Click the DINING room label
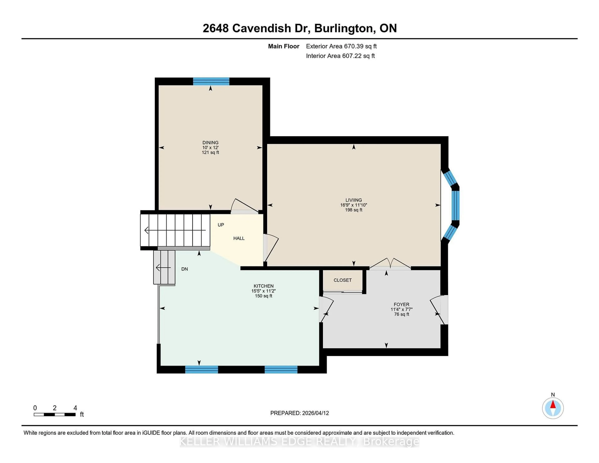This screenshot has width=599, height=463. click(x=210, y=142)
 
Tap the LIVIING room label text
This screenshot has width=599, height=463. click(x=353, y=200)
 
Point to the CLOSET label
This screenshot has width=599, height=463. click(x=343, y=280)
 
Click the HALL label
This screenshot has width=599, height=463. click(x=239, y=238)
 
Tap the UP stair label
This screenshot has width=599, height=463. click(x=221, y=225)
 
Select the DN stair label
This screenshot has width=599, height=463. click(x=185, y=269)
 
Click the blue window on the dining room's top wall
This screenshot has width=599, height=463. click(x=211, y=81)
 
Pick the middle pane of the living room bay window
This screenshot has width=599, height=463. click(x=455, y=205)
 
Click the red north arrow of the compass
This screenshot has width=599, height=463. click(x=553, y=405)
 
